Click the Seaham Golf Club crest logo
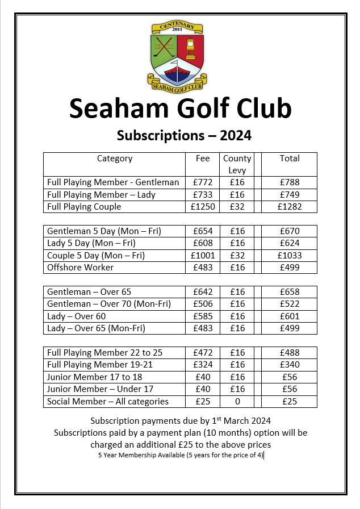[177, 56]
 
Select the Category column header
[115, 158]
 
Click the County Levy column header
[237, 164]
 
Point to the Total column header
[290, 158]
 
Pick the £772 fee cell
[203, 182]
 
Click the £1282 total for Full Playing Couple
[290, 207]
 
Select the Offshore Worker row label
[80, 267]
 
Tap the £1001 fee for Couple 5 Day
[203, 255]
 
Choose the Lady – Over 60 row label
[77, 316]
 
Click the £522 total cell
[290, 304]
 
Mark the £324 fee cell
[203, 365]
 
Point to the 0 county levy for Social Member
[237, 402]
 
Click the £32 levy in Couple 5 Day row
[237, 255]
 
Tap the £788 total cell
[290, 182]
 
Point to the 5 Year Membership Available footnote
[181, 455]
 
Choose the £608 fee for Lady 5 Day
[203, 243]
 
